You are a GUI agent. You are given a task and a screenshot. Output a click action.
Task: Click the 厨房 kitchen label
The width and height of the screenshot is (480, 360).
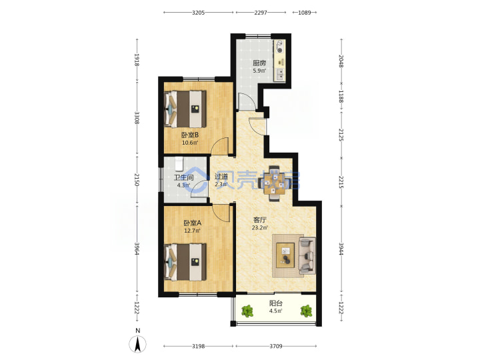click(x=259, y=63)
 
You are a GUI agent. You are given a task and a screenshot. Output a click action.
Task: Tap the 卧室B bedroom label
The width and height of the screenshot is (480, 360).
click(x=190, y=135)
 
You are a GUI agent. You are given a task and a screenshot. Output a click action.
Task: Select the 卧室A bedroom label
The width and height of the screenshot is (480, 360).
click(x=192, y=223)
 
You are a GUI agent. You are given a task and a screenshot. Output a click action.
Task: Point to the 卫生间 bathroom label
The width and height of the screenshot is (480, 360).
click(x=183, y=177)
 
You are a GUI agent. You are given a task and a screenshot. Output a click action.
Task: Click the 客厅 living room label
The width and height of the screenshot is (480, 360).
click(x=260, y=220)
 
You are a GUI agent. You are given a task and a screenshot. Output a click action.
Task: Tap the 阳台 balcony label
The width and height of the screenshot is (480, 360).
click(x=276, y=303)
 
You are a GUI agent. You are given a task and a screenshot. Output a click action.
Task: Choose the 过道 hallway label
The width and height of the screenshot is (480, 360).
click(x=221, y=177)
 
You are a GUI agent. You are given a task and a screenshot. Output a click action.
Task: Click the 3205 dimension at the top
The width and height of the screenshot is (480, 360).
click(x=199, y=13)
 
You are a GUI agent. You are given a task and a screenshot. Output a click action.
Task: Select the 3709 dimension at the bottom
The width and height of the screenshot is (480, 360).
click(x=276, y=346)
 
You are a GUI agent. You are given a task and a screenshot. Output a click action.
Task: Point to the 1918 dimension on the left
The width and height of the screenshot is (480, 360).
click(x=137, y=60)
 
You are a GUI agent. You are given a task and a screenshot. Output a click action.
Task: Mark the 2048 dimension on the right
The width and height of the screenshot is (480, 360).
click(x=341, y=61)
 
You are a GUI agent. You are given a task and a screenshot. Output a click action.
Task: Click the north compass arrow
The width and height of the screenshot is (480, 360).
click(x=138, y=344)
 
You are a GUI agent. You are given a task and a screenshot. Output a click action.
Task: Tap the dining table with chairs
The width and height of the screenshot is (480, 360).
click(x=274, y=183)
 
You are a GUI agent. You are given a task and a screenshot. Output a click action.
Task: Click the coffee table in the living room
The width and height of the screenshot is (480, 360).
click(x=285, y=255)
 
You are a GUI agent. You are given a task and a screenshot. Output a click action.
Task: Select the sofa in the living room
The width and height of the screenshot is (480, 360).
click(x=307, y=255)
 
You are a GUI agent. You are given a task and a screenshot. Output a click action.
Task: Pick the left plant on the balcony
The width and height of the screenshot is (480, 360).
click(x=247, y=311)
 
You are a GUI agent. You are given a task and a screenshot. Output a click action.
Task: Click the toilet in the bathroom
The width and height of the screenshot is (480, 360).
click(x=179, y=164)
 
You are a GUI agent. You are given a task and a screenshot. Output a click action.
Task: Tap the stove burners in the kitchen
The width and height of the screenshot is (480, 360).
click(x=279, y=47)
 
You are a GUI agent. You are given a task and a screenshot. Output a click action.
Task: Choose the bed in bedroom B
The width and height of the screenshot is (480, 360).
click(x=185, y=109)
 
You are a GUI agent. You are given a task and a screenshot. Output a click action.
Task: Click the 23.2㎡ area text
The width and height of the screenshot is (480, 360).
click(x=260, y=228)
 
